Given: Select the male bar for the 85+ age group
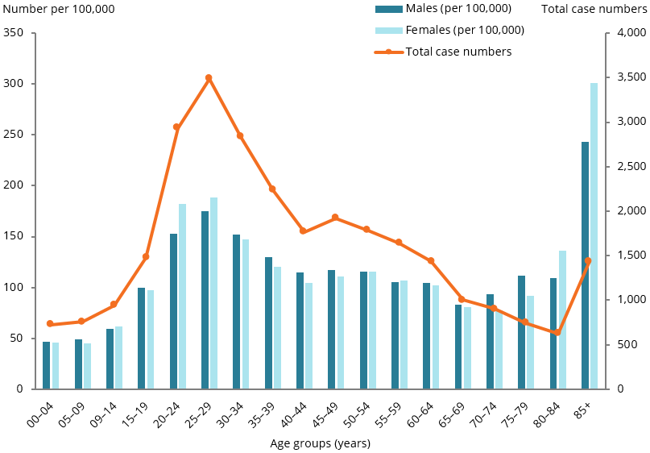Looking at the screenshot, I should pos(585,265).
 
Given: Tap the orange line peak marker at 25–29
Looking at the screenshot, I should pos(209,78).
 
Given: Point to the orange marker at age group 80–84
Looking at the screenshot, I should pos(557,332).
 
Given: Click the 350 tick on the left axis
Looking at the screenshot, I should pos(14,33).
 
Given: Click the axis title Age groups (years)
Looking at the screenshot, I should pos(320,443).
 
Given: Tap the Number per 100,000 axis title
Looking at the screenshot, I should pos(58,10).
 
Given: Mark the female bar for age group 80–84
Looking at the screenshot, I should pos(562,319).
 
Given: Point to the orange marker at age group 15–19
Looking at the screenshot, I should pos(146,256).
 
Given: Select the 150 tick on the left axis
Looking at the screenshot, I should pos(14,236).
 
